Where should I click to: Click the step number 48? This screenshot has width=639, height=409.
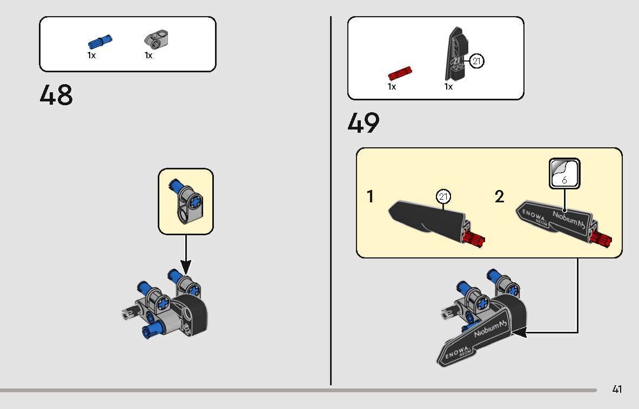[x=56, y=95]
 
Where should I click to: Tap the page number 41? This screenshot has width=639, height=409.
[x=617, y=389]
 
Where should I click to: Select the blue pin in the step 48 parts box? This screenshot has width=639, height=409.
[x=100, y=42]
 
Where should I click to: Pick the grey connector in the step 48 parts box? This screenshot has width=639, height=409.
[x=157, y=39]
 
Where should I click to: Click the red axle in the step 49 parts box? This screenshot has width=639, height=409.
[x=400, y=74]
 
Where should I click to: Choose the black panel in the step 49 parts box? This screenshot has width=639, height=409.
[x=456, y=54]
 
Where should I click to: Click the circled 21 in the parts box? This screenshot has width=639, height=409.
[x=476, y=61]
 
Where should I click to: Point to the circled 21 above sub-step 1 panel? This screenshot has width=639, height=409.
[x=443, y=196]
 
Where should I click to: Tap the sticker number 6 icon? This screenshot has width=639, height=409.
[x=564, y=173]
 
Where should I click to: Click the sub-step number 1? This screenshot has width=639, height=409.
[x=370, y=196]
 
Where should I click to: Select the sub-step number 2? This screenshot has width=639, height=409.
[x=499, y=196]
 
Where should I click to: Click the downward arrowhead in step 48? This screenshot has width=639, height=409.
[x=186, y=268]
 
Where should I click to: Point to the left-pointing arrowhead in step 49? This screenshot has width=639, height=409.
[x=519, y=332]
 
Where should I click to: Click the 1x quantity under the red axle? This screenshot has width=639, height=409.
[x=392, y=87]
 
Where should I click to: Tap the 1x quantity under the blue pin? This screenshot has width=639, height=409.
[x=91, y=56]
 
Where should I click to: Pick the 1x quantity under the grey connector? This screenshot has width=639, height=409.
[x=149, y=56]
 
